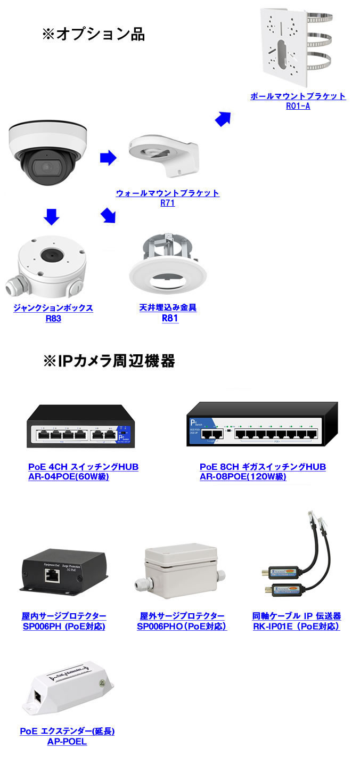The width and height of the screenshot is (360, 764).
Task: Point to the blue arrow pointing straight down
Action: click(x=51, y=217)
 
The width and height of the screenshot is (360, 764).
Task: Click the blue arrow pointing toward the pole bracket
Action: click(x=223, y=118)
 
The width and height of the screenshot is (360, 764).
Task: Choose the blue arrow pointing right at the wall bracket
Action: click(x=108, y=157)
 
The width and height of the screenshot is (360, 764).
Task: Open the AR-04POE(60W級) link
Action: click(x=69, y=477)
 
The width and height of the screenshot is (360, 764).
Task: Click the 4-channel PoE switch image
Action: click(x=79, y=426)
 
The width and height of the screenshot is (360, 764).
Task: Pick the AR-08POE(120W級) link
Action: click(x=243, y=477)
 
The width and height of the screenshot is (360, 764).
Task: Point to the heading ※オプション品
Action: click(x=93, y=35)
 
